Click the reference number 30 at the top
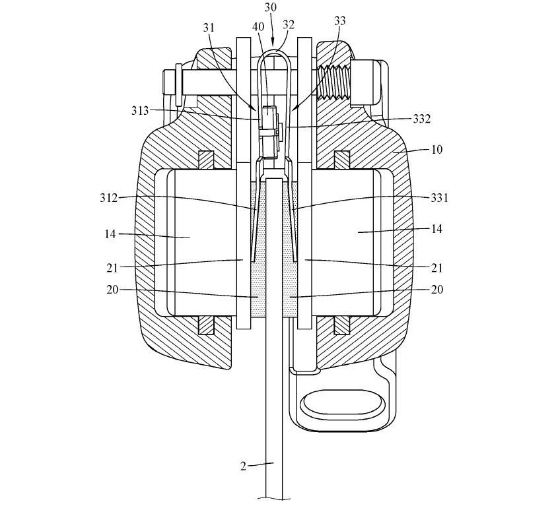point(271,8)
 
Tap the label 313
point(140,111)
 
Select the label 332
point(422,119)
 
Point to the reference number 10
point(437,150)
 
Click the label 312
point(108,198)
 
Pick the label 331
point(440,198)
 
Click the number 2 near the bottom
point(243,466)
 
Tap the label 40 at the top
point(258,27)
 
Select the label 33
point(339,21)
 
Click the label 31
point(209,28)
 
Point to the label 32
point(289,25)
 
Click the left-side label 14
point(110,234)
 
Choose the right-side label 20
point(437,290)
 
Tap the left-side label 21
point(112,268)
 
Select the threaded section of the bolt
point(334,82)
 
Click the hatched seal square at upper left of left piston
point(206,160)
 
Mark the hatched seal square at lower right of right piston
point(342,325)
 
